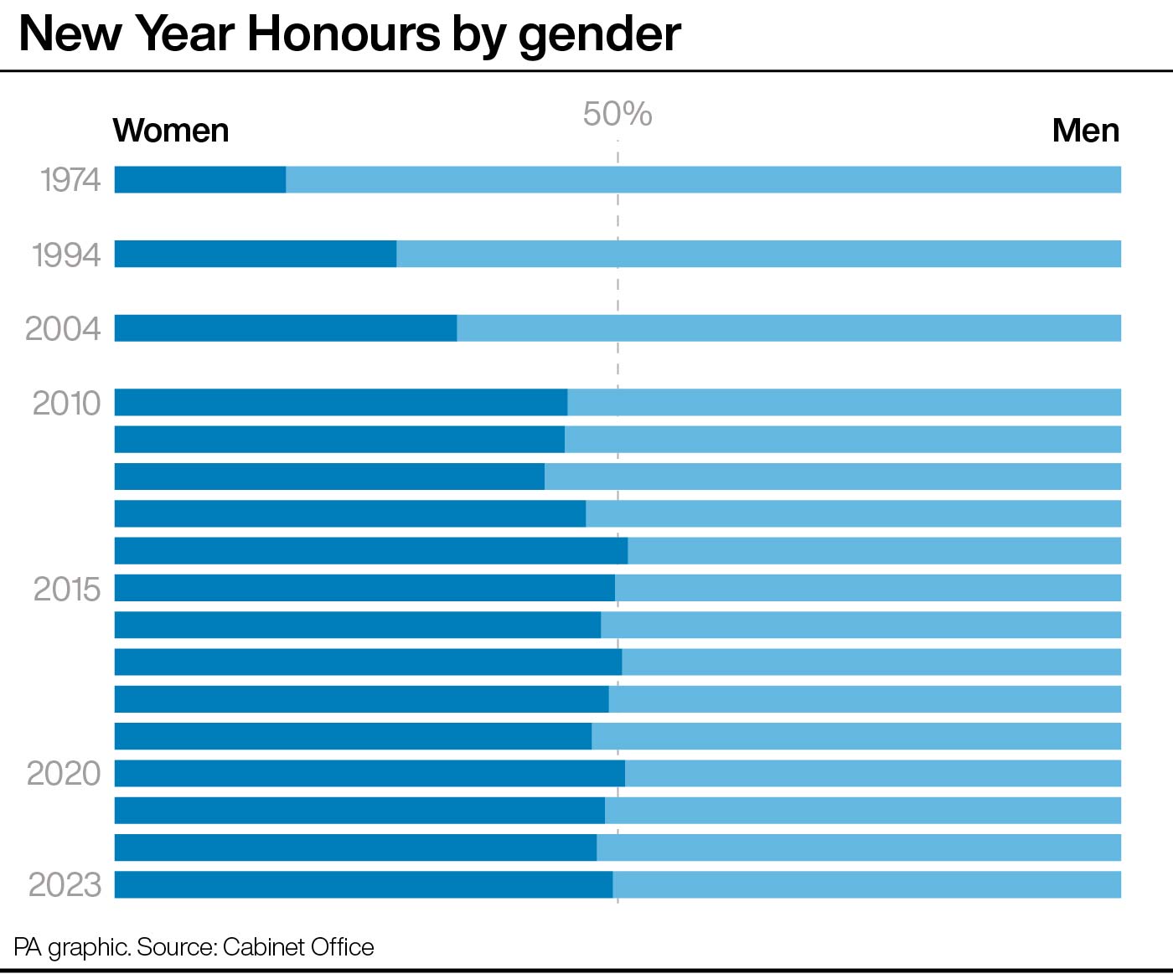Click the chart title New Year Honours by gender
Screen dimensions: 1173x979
349,35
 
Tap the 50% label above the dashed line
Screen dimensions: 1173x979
618,114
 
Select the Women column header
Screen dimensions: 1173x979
171,131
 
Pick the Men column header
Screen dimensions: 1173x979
1086,131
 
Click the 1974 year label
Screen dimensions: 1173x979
70,180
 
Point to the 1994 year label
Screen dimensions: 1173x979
66,255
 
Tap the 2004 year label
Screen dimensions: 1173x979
63,328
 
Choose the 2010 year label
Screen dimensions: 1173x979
67,404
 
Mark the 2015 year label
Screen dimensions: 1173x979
67,590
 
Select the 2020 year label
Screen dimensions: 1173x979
64,774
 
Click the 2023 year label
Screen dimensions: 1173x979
65,884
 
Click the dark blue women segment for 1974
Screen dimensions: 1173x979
200,180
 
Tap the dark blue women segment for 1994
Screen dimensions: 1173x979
256,254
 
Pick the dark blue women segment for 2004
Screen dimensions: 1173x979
286,328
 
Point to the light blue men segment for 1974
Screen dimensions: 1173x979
703,180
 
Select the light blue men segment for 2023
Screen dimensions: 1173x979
867,884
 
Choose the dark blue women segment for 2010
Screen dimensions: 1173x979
341,402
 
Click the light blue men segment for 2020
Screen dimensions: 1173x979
873,774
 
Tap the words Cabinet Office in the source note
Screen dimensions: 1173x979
298,947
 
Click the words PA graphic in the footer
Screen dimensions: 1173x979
72,948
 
